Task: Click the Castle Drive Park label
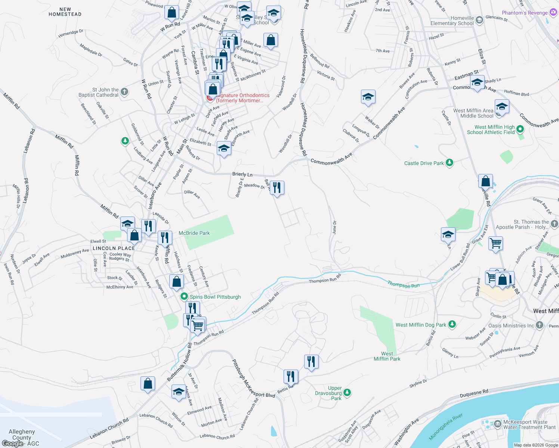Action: point(424,163)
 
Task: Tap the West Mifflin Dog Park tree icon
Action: point(452,324)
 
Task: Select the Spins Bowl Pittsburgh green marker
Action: point(184,297)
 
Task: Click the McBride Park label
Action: point(194,233)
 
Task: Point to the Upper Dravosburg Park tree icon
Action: point(347,392)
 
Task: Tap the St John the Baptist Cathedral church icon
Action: point(124,91)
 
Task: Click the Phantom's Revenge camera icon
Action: point(553,12)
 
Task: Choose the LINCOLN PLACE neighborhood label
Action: point(114,248)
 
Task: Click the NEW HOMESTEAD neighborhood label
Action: point(65,12)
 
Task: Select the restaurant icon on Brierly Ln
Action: point(277,187)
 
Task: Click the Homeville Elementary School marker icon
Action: point(479,20)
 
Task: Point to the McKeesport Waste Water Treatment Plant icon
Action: point(497,424)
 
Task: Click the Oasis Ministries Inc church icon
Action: point(539,325)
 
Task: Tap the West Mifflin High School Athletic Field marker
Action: point(520,130)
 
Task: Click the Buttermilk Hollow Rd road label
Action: point(179,362)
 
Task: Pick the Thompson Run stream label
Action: point(404,285)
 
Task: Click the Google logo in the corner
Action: point(12,443)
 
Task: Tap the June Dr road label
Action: point(334,227)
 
